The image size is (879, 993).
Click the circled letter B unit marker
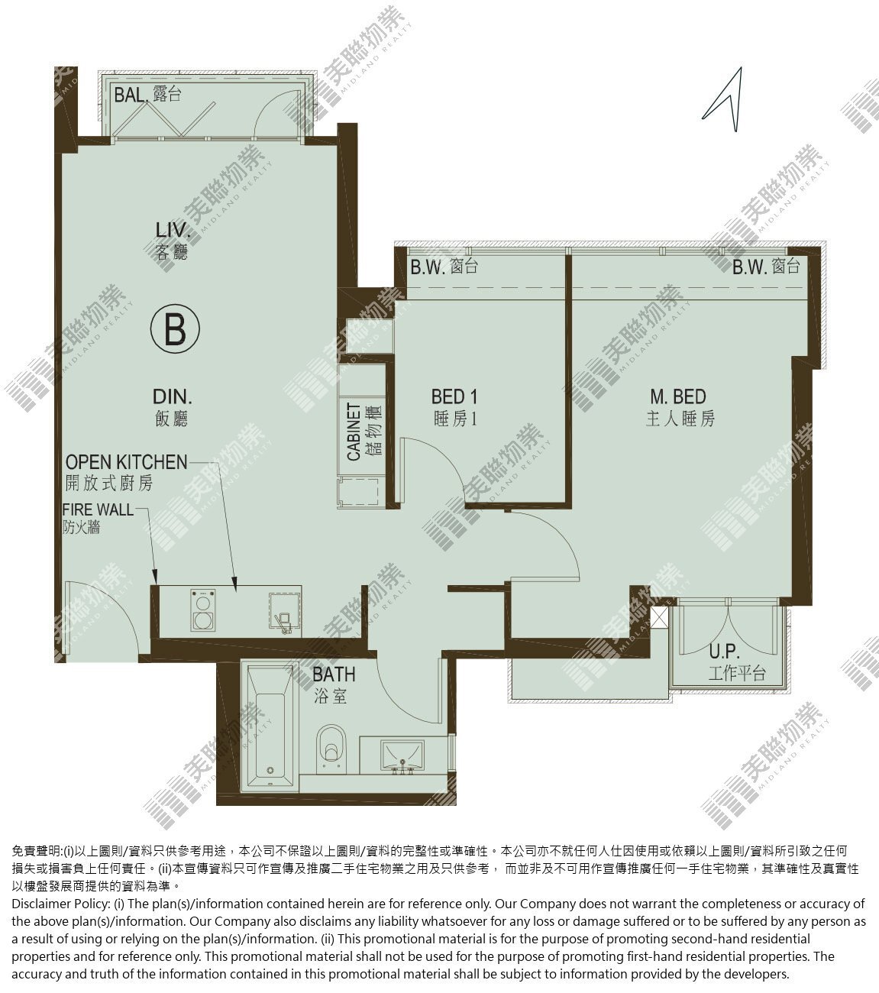point(175,328)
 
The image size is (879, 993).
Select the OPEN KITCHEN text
point(127,462)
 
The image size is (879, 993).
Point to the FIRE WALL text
point(98,509)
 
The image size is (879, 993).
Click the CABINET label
point(354,432)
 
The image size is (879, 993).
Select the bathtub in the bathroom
point(270,727)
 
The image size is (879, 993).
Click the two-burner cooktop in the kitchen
point(202,610)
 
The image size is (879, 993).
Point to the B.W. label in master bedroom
point(766,267)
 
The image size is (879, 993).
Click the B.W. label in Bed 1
point(444,267)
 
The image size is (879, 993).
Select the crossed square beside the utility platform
point(659,618)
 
